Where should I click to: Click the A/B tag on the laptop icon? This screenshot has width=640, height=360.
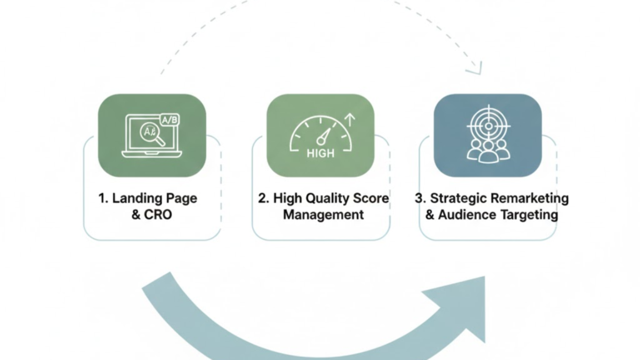click(169, 119)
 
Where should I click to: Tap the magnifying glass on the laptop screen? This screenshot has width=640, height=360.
click(152, 134)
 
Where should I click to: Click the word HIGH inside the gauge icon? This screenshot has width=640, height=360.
click(321, 153)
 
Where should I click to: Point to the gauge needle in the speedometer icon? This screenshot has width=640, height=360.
click(324, 135)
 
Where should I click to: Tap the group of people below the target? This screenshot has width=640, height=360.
click(488, 150)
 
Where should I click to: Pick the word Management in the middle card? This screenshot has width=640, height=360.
click(323, 215)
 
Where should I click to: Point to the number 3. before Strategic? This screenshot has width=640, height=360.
click(420, 199)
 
